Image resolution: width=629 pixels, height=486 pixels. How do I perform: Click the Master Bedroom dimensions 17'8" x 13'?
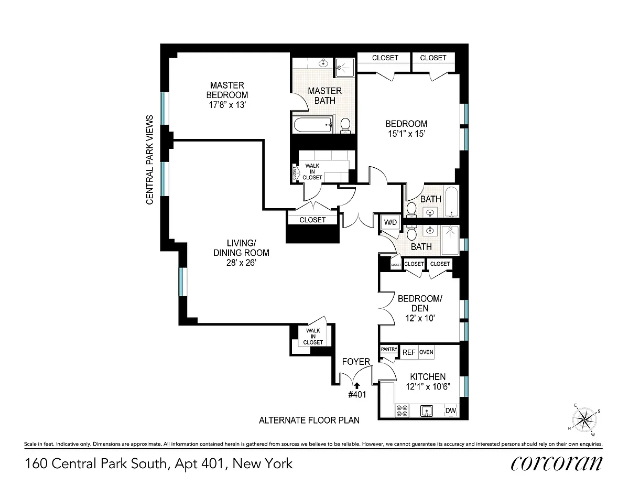point(227,105)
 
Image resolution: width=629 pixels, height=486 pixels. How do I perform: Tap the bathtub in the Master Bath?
point(313,125)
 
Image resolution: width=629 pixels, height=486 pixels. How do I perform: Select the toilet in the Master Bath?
point(345,126)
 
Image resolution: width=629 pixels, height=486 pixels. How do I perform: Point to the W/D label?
point(391,222)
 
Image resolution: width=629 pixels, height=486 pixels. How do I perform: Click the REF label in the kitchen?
point(409,352)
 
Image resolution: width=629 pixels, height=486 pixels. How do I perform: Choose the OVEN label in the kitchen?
point(426,352)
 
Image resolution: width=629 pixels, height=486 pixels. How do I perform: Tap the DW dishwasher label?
point(451,411)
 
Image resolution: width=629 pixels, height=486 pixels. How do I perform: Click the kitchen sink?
point(426,411)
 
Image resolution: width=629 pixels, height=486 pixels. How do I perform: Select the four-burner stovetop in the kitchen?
point(402,411)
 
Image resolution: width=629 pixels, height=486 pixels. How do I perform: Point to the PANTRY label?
point(389,349)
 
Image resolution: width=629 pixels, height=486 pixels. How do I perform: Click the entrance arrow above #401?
point(357,385)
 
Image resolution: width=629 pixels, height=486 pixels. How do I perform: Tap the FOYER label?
point(356,362)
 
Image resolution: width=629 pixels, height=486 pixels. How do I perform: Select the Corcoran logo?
point(556,463)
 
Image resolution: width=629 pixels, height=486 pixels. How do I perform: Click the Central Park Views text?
point(149,160)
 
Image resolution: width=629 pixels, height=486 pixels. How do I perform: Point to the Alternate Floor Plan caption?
point(309,420)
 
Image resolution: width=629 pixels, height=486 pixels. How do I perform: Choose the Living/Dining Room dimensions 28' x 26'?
point(242,263)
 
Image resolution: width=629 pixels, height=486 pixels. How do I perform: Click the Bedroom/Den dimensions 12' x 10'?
point(420,318)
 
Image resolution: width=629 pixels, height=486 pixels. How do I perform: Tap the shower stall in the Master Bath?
point(345,68)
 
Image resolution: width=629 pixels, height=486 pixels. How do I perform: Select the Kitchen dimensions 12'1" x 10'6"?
point(428,387)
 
